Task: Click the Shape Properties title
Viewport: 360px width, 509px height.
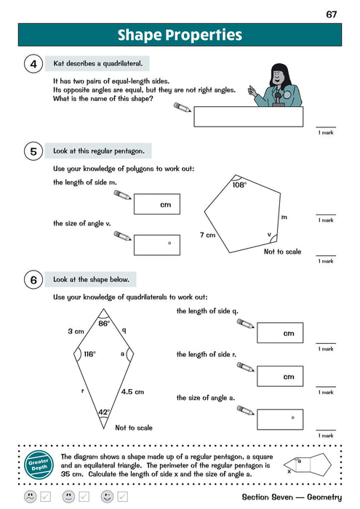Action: [180, 35]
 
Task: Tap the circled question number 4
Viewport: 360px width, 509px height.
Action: [33, 65]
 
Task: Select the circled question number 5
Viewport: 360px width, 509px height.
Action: [33, 151]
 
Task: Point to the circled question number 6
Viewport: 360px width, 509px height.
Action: [33, 279]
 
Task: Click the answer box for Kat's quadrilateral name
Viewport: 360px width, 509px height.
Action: [249, 116]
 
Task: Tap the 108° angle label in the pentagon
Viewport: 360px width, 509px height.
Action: [239, 185]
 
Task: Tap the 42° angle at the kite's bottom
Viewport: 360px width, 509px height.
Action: [103, 412]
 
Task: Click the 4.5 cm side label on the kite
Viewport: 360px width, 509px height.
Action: [132, 390]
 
